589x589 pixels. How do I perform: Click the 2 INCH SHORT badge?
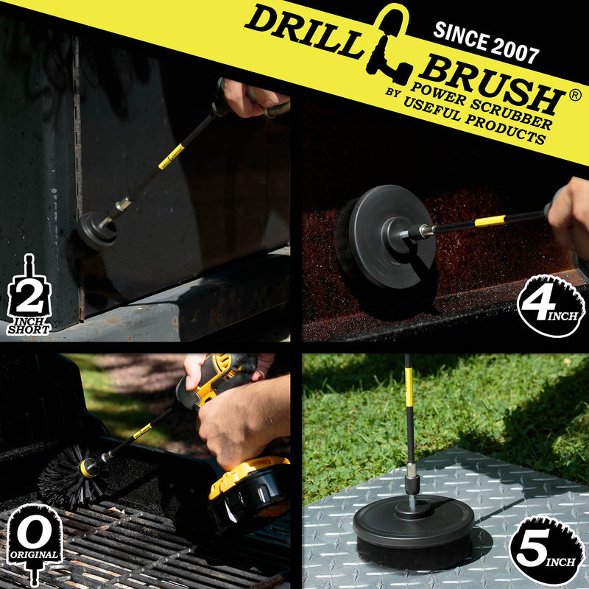tap(29, 298)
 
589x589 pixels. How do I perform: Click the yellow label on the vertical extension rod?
tap(409, 387)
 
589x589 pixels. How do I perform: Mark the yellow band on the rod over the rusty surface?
tap(490, 220)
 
